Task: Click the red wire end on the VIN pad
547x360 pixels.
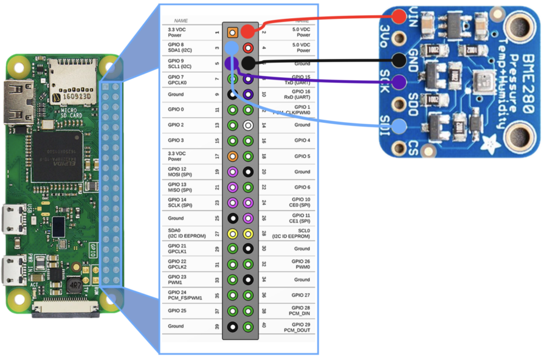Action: (x=399, y=16)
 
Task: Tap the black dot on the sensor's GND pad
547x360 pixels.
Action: (x=399, y=60)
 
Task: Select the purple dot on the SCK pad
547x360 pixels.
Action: (x=399, y=81)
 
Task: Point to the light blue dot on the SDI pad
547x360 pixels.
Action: (x=399, y=126)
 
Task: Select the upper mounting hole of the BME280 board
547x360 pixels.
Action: (x=520, y=28)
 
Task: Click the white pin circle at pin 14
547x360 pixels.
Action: (x=248, y=125)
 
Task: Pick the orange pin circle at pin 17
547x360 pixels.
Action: (x=232, y=156)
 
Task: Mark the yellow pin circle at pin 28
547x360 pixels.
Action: (x=248, y=234)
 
